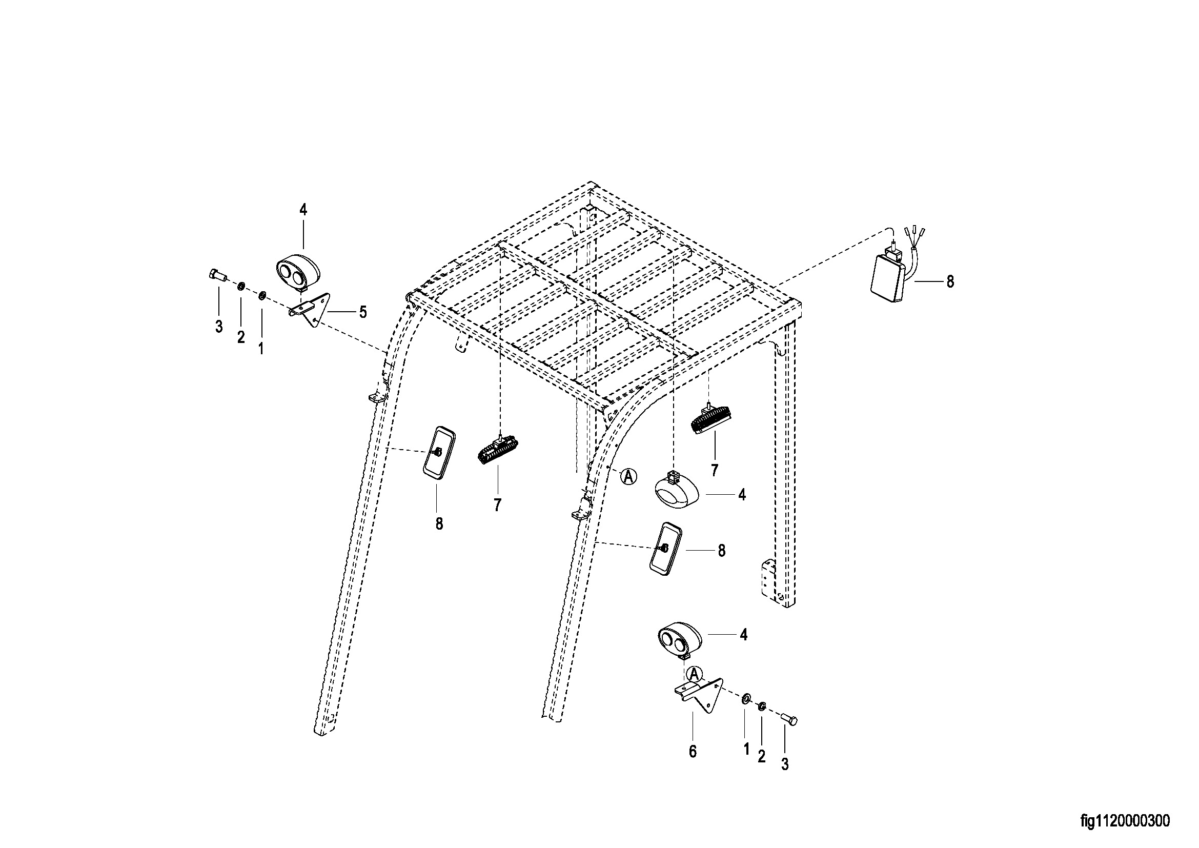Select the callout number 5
point(362,312)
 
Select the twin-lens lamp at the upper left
point(298,272)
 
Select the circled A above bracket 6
point(694,674)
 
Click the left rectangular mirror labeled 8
point(439,452)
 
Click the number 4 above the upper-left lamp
point(303,210)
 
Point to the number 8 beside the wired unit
point(950,281)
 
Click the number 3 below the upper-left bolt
point(219,327)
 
